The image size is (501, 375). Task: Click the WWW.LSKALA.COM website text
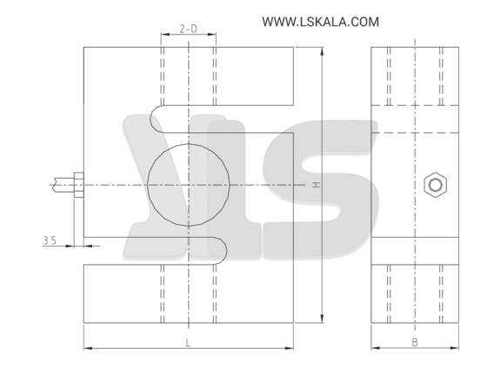point(320,22)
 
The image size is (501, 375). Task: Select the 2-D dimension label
point(188,29)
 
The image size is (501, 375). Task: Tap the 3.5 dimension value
point(50,240)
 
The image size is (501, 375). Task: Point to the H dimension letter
point(316,185)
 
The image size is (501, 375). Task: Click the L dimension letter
point(188,343)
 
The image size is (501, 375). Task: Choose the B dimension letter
point(414,343)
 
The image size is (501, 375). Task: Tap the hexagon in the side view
point(435,185)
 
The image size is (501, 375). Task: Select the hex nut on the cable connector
point(78,185)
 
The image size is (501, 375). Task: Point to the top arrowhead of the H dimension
point(322,51)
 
